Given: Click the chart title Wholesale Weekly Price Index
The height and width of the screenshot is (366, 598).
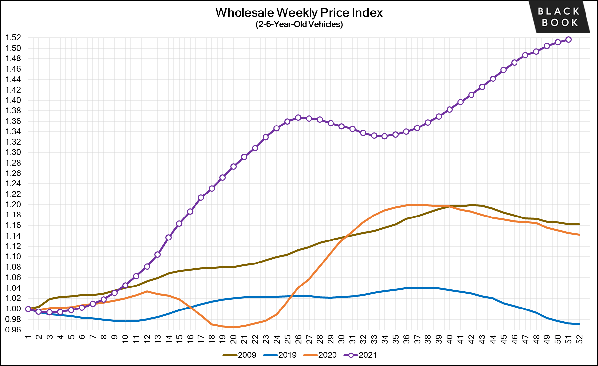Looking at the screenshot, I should tap(299, 13).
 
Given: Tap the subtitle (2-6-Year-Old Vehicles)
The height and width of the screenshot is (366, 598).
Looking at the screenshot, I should tap(299, 24).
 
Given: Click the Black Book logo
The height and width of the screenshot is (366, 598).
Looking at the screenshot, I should tap(559, 17).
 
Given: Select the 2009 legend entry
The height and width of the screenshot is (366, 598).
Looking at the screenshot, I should tap(240, 355).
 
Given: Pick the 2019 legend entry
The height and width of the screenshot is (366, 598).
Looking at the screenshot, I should tap(280, 355).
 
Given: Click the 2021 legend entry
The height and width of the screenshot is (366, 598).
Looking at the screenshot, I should tap(360, 355).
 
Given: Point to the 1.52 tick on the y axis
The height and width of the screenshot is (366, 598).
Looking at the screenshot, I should tap(13, 38).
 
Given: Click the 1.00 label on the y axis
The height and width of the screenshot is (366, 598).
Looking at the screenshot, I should tap(13, 309).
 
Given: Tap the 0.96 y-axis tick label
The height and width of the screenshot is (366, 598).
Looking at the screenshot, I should tap(13, 330).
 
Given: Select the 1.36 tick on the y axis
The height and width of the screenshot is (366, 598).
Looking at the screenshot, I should tap(13, 121).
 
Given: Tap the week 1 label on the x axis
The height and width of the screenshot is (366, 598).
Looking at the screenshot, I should tap(28, 337).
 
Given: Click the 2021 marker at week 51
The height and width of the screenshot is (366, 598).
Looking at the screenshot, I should tap(568, 40).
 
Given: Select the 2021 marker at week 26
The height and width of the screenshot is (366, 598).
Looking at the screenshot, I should tap(298, 118).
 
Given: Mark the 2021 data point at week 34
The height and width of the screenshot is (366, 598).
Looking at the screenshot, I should tap(385, 136).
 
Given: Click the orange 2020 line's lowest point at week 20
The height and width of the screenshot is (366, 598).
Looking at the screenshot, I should tap(233, 327).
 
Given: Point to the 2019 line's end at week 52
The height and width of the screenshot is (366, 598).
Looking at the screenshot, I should tap(579, 324).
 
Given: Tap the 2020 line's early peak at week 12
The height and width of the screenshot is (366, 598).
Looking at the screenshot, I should tap(147, 291).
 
